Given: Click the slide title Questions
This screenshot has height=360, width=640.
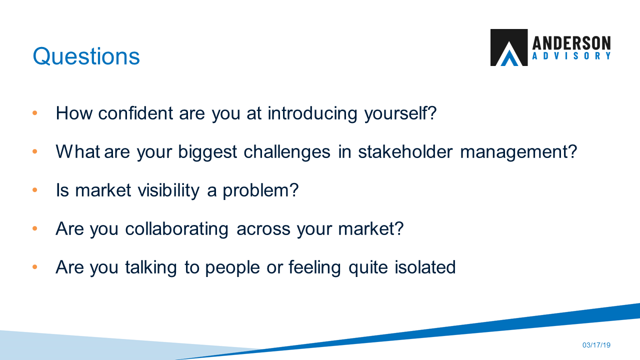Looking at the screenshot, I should (x=86, y=56).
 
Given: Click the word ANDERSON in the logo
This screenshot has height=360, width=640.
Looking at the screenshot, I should (x=571, y=42).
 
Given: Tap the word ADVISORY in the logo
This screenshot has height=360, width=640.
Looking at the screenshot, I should (x=571, y=56).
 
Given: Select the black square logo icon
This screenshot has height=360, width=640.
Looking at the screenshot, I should (x=508, y=47).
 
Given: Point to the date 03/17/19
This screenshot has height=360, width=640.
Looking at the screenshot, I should (x=596, y=345).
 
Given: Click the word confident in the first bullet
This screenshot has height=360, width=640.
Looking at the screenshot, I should (x=136, y=113).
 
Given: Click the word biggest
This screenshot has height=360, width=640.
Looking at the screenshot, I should (x=207, y=151).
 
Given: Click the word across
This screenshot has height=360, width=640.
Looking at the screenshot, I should (x=263, y=229).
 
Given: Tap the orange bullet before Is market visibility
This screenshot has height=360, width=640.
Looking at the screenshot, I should (x=35, y=190).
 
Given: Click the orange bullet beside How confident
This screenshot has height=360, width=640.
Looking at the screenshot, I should (x=35, y=113).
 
